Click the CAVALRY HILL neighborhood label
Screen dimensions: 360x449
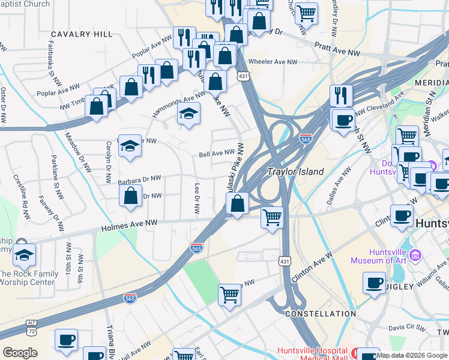click(82, 34)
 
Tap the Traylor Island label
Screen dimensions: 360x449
click(295, 172)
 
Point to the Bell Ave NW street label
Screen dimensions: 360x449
click(216, 154)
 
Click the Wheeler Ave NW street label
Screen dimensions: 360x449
click(273, 62)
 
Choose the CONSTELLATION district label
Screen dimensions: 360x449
click(321, 314)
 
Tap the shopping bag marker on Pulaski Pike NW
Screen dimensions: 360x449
click(238, 204)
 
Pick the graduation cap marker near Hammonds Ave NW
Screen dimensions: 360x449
click(188, 114)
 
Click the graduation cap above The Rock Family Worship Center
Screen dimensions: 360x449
click(24, 256)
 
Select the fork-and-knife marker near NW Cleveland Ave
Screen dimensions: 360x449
click(340, 95)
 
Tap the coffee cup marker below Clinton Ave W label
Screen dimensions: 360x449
click(374, 283)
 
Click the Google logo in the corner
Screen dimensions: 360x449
click(20, 353)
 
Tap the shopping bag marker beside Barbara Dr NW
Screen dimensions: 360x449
click(131, 196)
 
